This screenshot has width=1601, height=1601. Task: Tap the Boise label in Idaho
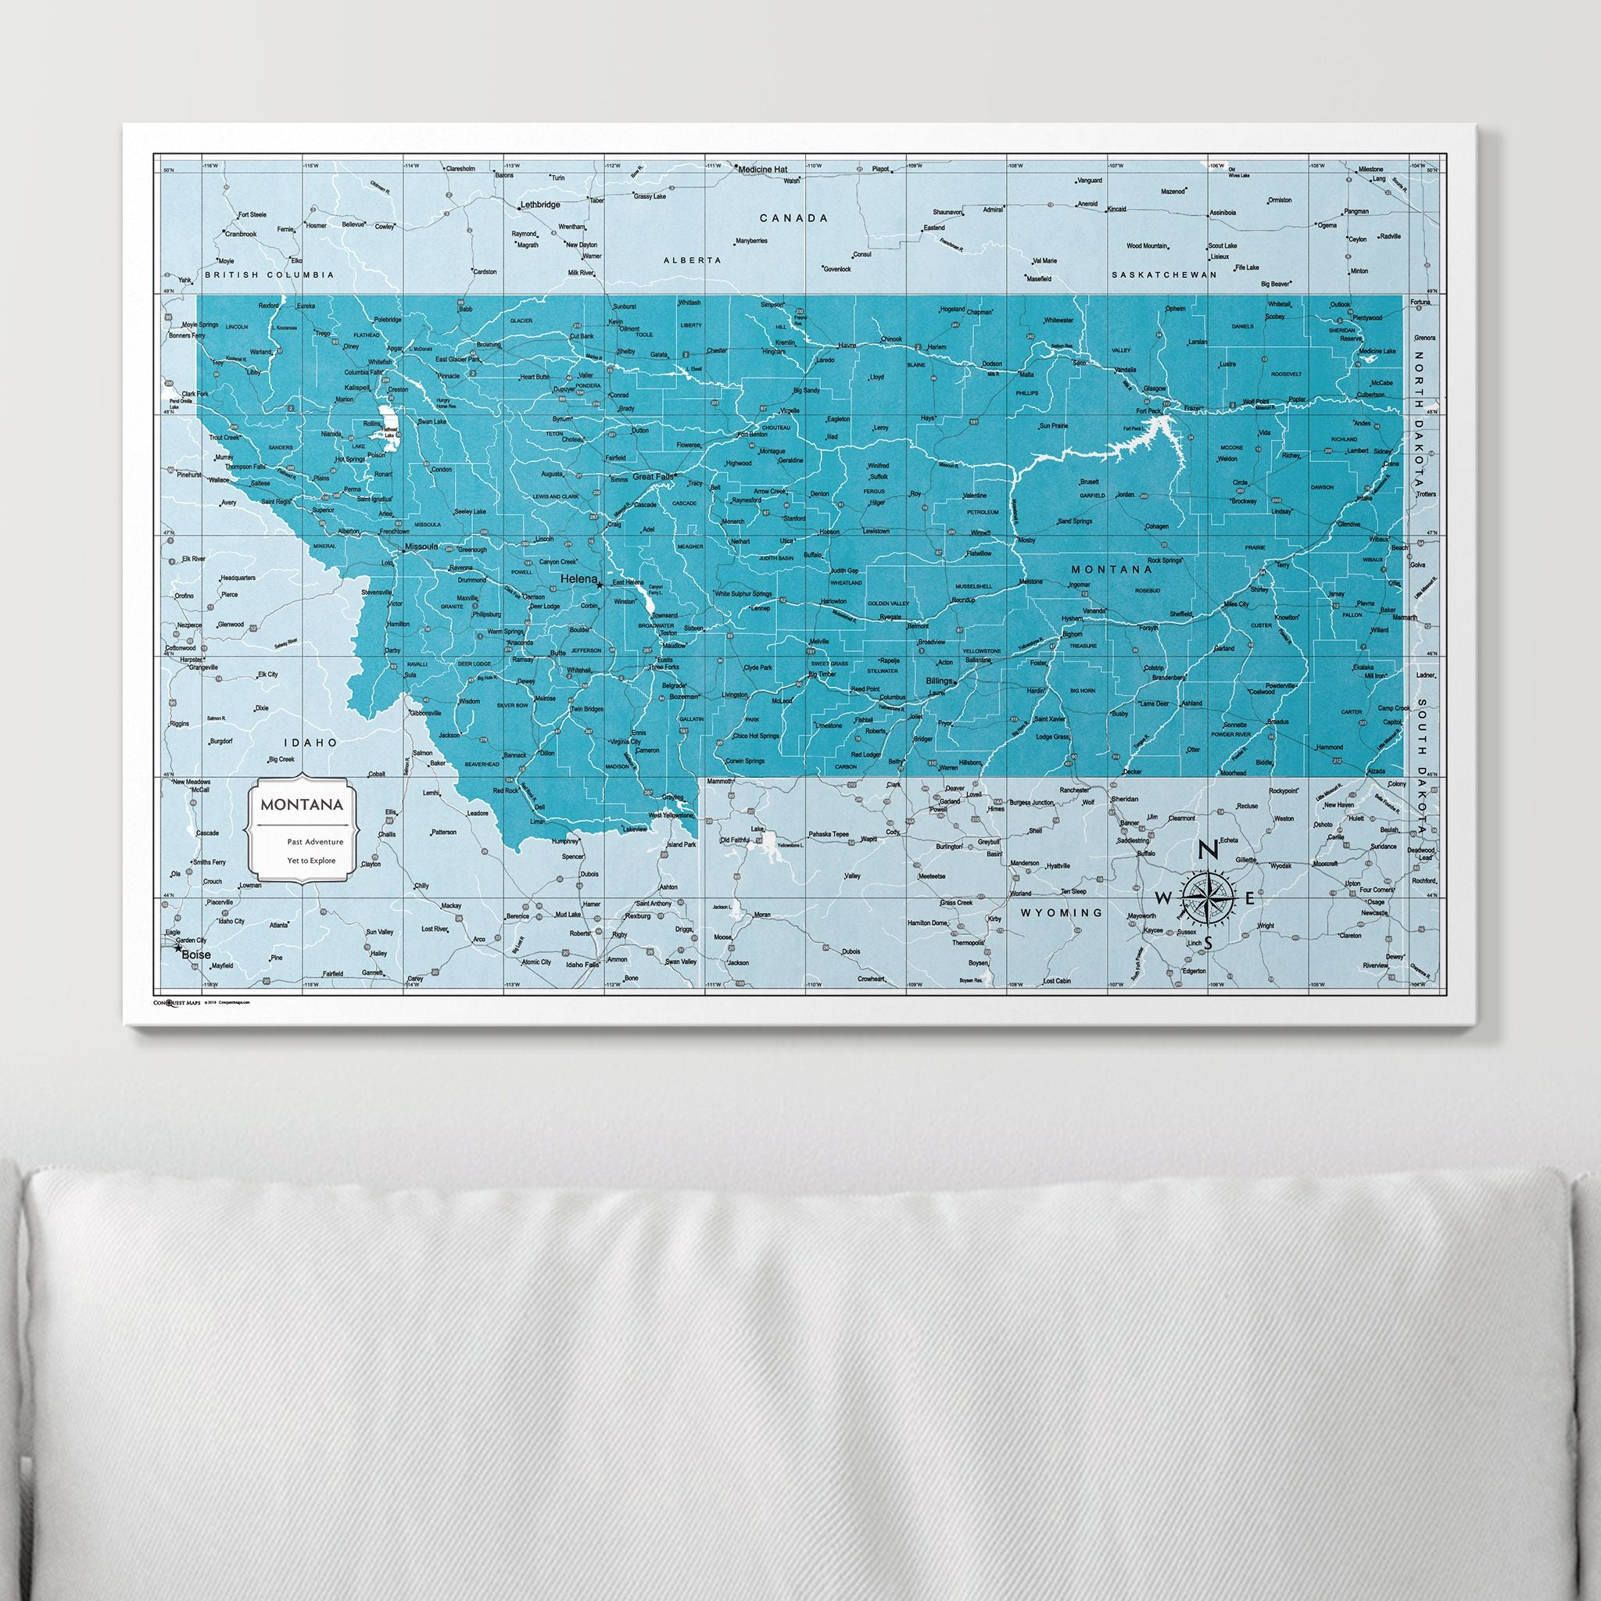click(196, 955)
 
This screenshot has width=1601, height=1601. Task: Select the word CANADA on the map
click(794, 218)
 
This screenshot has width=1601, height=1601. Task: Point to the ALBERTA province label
click(692, 260)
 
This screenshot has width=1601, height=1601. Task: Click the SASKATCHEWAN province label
click(1163, 274)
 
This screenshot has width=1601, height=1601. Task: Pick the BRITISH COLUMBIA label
click(270, 274)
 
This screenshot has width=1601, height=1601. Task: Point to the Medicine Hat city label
click(761, 169)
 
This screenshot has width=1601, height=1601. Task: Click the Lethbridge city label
click(539, 204)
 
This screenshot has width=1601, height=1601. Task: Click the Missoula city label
click(421, 547)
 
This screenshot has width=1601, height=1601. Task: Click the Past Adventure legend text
click(315, 841)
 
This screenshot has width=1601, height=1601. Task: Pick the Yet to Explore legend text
click(312, 860)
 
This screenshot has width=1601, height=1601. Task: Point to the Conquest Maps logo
click(177, 1002)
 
